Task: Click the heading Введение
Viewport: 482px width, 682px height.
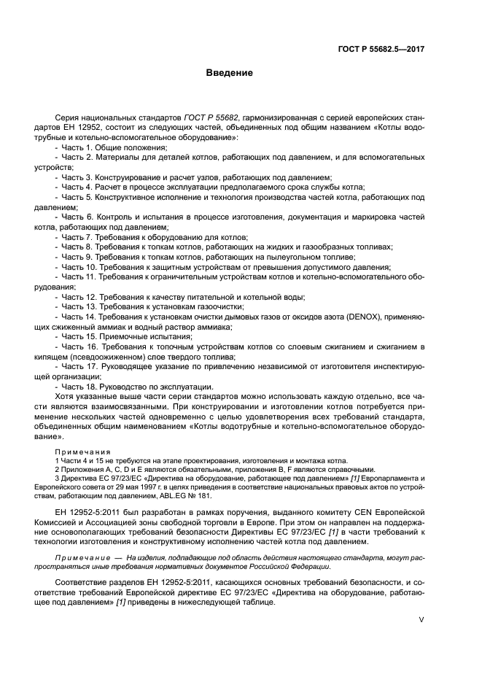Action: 228,73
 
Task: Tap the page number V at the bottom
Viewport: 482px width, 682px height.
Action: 421,619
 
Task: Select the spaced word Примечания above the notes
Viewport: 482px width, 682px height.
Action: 82,452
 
